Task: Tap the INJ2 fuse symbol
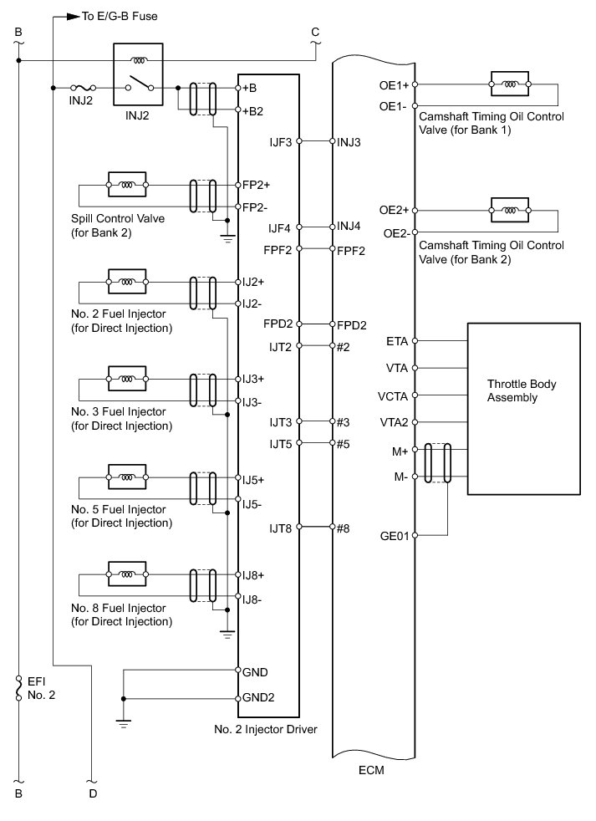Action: [84, 88]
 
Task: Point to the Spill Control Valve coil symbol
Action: [127, 184]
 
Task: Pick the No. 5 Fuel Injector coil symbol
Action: [127, 480]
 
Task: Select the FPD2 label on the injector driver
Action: [276, 324]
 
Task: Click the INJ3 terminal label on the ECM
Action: [349, 142]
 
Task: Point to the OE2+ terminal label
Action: [395, 211]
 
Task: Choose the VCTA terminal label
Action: [394, 395]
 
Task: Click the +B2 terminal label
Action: [252, 110]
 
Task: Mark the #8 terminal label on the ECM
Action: [343, 528]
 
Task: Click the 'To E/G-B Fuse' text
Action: [120, 16]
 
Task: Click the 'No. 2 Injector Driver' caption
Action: [264, 730]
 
